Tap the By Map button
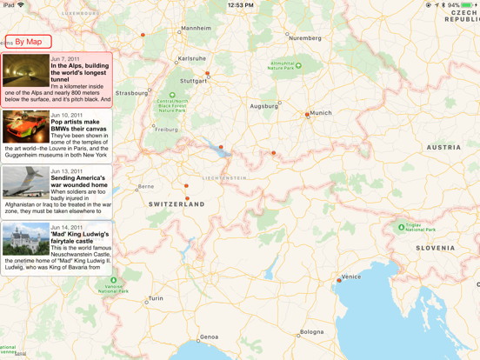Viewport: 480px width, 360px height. pyautogui.click(x=28, y=42)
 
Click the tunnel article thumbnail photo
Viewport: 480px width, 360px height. pyautogui.click(x=25, y=71)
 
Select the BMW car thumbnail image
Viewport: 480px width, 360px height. pyautogui.click(x=25, y=127)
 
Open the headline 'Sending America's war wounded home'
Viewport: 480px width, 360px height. pyautogui.click(x=79, y=182)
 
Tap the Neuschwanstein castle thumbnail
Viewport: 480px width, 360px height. pyautogui.click(x=25, y=239)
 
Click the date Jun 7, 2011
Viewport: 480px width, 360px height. pyautogui.click(x=65, y=59)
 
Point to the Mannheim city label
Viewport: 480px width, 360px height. pyautogui.click(x=196, y=29)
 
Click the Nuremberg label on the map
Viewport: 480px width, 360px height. pyautogui.click(x=305, y=38)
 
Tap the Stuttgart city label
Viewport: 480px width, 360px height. pyautogui.click(x=194, y=81)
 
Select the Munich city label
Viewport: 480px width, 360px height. pyautogui.click(x=321, y=113)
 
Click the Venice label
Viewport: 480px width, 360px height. pyautogui.click(x=351, y=277)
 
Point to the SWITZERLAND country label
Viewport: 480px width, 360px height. pyautogui.click(x=177, y=204)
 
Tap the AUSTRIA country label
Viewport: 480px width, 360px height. pyautogui.click(x=443, y=148)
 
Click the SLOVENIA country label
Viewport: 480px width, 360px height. pyautogui.click(x=435, y=248)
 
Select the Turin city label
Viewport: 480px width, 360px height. pyautogui.click(x=156, y=298)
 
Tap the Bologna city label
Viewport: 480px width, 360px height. pyautogui.click(x=311, y=332)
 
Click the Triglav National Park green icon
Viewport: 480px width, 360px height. pyautogui.click(x=401, y=227)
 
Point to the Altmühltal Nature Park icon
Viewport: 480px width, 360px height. pyautogui.click(x=298, y=65)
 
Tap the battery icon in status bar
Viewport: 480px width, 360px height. pyautogui.click(x=468, y=5)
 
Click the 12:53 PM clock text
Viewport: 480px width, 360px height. pyautogui.click(x=240, y=5)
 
